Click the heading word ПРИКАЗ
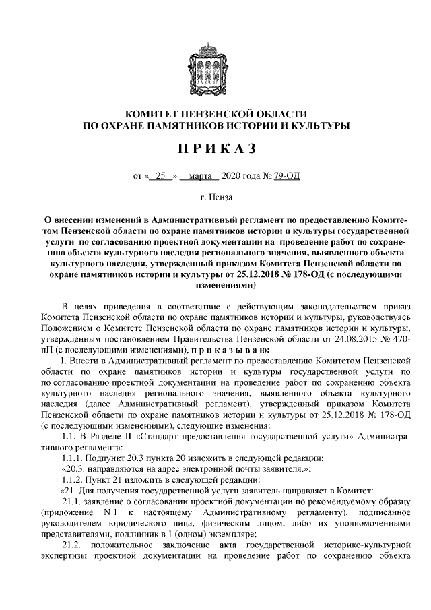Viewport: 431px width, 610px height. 215,148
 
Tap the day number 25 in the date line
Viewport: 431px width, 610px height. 160,177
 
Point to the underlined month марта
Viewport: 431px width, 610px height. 199,177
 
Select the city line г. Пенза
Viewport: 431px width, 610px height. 215,199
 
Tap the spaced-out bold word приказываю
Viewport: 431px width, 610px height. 230,351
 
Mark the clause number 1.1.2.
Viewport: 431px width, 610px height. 73,480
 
